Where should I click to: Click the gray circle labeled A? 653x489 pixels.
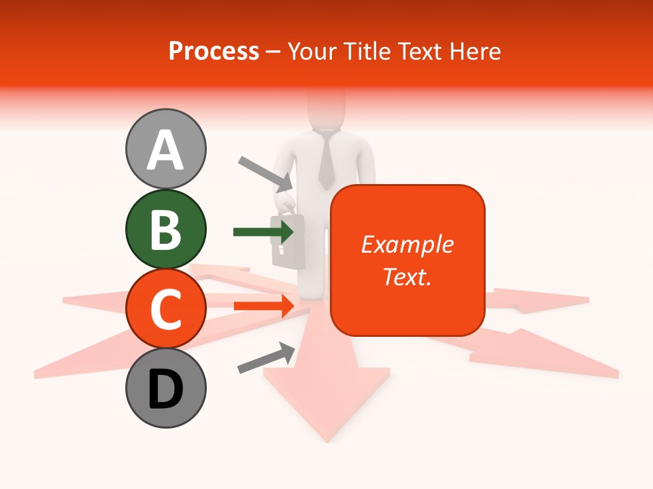pyautogui.click(x=165, y=149)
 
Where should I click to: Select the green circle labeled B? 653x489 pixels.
pyautogui.click(x=165, y=229)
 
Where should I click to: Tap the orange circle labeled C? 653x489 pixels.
pyautogui.click(x=165, y=308)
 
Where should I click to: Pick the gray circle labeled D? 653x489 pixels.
pyautogui.click(x=165, y=388)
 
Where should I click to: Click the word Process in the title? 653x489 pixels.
pyautogui.click(x=214, y=52)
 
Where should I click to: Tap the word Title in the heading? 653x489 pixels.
pyautogui.click(x=366, y=52)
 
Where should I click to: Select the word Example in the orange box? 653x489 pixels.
pyautogui.click(x=407, y=244)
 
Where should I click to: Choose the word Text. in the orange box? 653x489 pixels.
pyautogui.click(x=407, y=276)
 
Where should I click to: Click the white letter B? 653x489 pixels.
pyautogui.click(x=165, y=229)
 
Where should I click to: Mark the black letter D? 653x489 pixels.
pyautogui.click(x=165, y=389)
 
